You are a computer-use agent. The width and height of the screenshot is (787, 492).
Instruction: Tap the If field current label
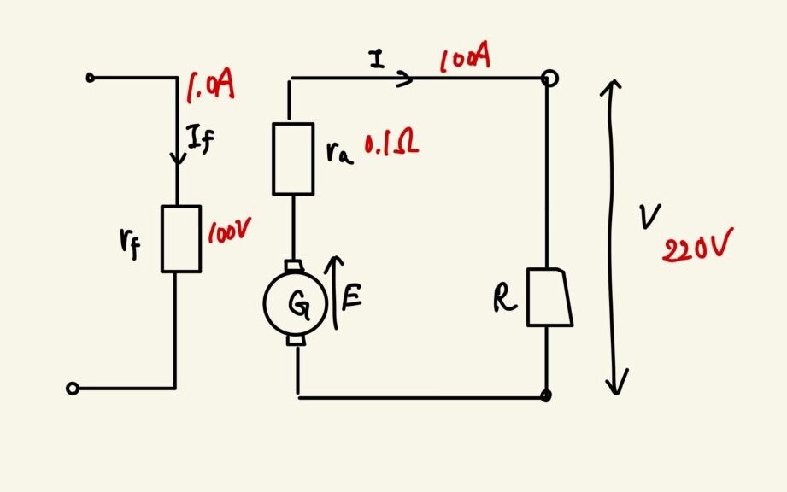[x=200, y=139]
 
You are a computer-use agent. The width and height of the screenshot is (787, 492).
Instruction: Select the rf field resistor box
[x=181, y=238]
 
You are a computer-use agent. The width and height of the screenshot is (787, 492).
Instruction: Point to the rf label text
[x=130, y=243]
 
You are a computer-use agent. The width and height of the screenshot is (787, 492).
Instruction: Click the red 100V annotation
[x=229, y=231]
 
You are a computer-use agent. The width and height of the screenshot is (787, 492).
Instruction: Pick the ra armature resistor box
[x=294, y=159]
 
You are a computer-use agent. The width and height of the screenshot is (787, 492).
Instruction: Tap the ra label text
[x=339, y=152]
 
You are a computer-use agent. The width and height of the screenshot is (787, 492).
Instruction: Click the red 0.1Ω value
[x=391, y=144]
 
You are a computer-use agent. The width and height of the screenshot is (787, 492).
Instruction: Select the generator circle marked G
[x=295, y=303]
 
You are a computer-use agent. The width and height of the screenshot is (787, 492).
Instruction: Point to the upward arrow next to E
[x=335, y=292]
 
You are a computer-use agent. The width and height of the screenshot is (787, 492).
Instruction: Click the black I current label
[x=377, y=59]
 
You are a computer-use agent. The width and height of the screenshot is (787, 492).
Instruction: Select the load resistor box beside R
[x=549, y=297]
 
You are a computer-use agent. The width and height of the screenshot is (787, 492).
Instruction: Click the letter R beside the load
[x=504, y=300]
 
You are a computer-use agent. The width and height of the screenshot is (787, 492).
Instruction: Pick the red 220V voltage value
[x=697, y=245]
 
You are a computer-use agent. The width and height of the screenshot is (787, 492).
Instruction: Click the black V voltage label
[x=650, y=216]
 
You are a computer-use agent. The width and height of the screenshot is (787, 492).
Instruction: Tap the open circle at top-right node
[x=550, y=79]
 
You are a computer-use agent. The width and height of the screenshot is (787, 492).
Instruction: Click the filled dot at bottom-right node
[x=546, y=395]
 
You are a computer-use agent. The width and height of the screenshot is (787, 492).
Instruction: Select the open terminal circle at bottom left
[x=73, y=388]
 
